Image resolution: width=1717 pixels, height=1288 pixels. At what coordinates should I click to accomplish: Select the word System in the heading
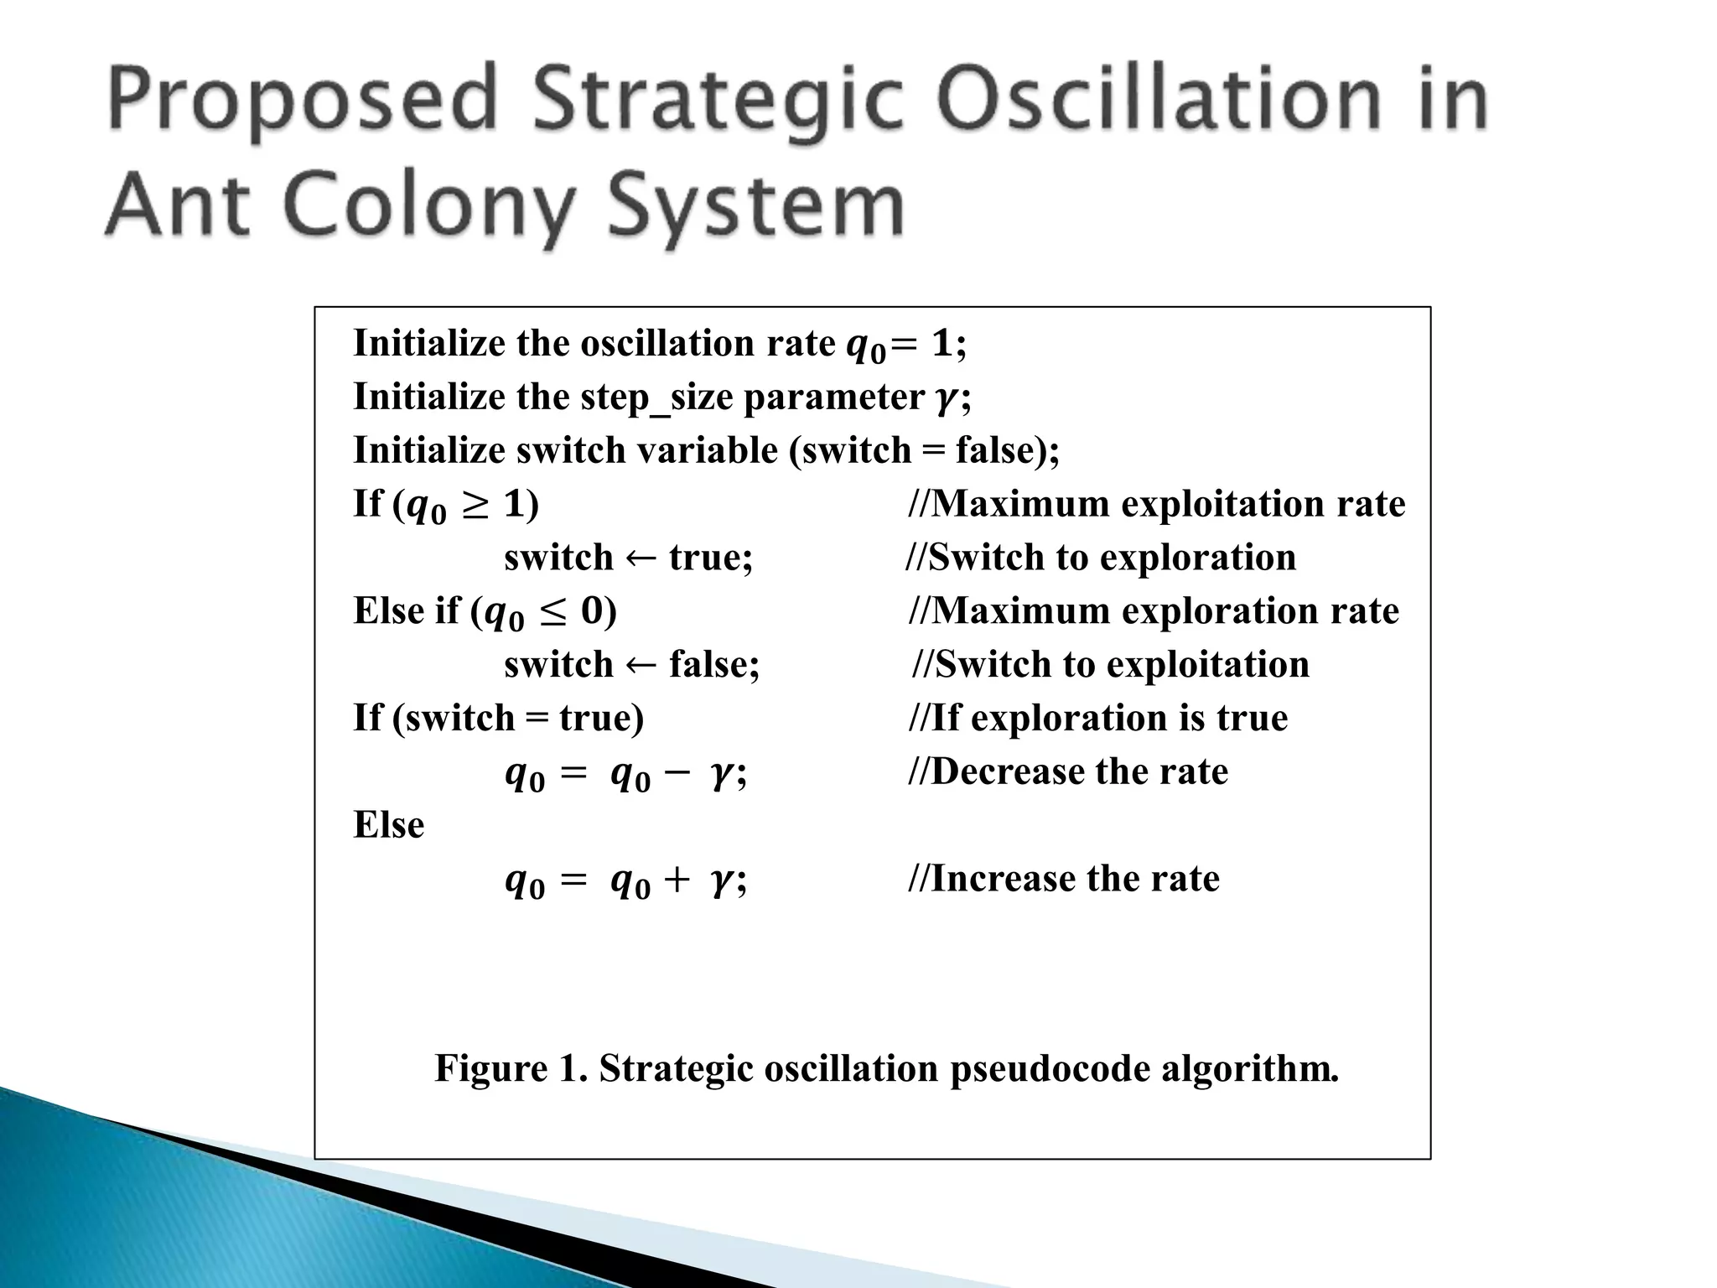755,205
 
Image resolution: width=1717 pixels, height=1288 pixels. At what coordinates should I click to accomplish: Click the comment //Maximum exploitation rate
1157,504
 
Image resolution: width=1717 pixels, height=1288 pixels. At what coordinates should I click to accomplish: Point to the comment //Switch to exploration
1101,558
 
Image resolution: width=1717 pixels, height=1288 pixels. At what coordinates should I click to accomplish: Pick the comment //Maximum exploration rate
1154,611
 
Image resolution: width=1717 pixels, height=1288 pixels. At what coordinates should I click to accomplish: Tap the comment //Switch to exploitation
1110,665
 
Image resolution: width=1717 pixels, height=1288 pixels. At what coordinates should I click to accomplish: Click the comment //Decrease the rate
1068,771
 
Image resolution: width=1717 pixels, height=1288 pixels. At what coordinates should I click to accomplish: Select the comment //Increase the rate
1064,879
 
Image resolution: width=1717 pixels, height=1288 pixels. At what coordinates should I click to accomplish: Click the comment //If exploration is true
1098,718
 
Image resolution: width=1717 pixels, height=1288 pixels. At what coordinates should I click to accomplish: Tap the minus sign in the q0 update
677,773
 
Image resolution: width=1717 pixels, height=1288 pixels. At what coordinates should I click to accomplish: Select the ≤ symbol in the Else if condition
552,612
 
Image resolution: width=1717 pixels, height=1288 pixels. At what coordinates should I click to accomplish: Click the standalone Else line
389,825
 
